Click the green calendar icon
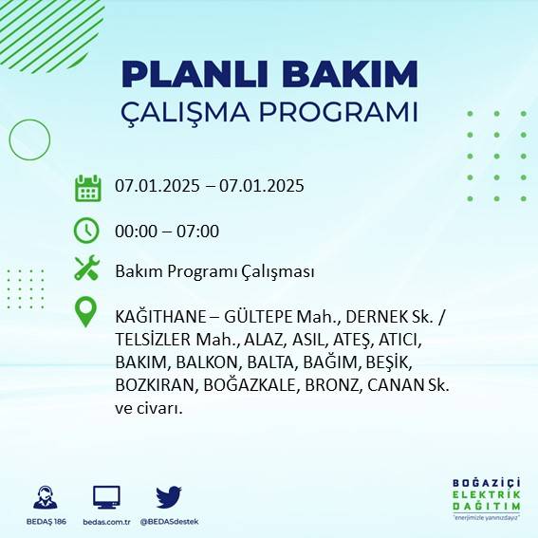click(x=87, y=187)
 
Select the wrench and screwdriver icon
click(x=87, y=269)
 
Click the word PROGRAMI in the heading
click(x=336, y=111)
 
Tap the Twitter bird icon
click(x=169, y=496)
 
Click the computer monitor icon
click(x=106, y=496)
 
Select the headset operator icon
click(x=44, y=496)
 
